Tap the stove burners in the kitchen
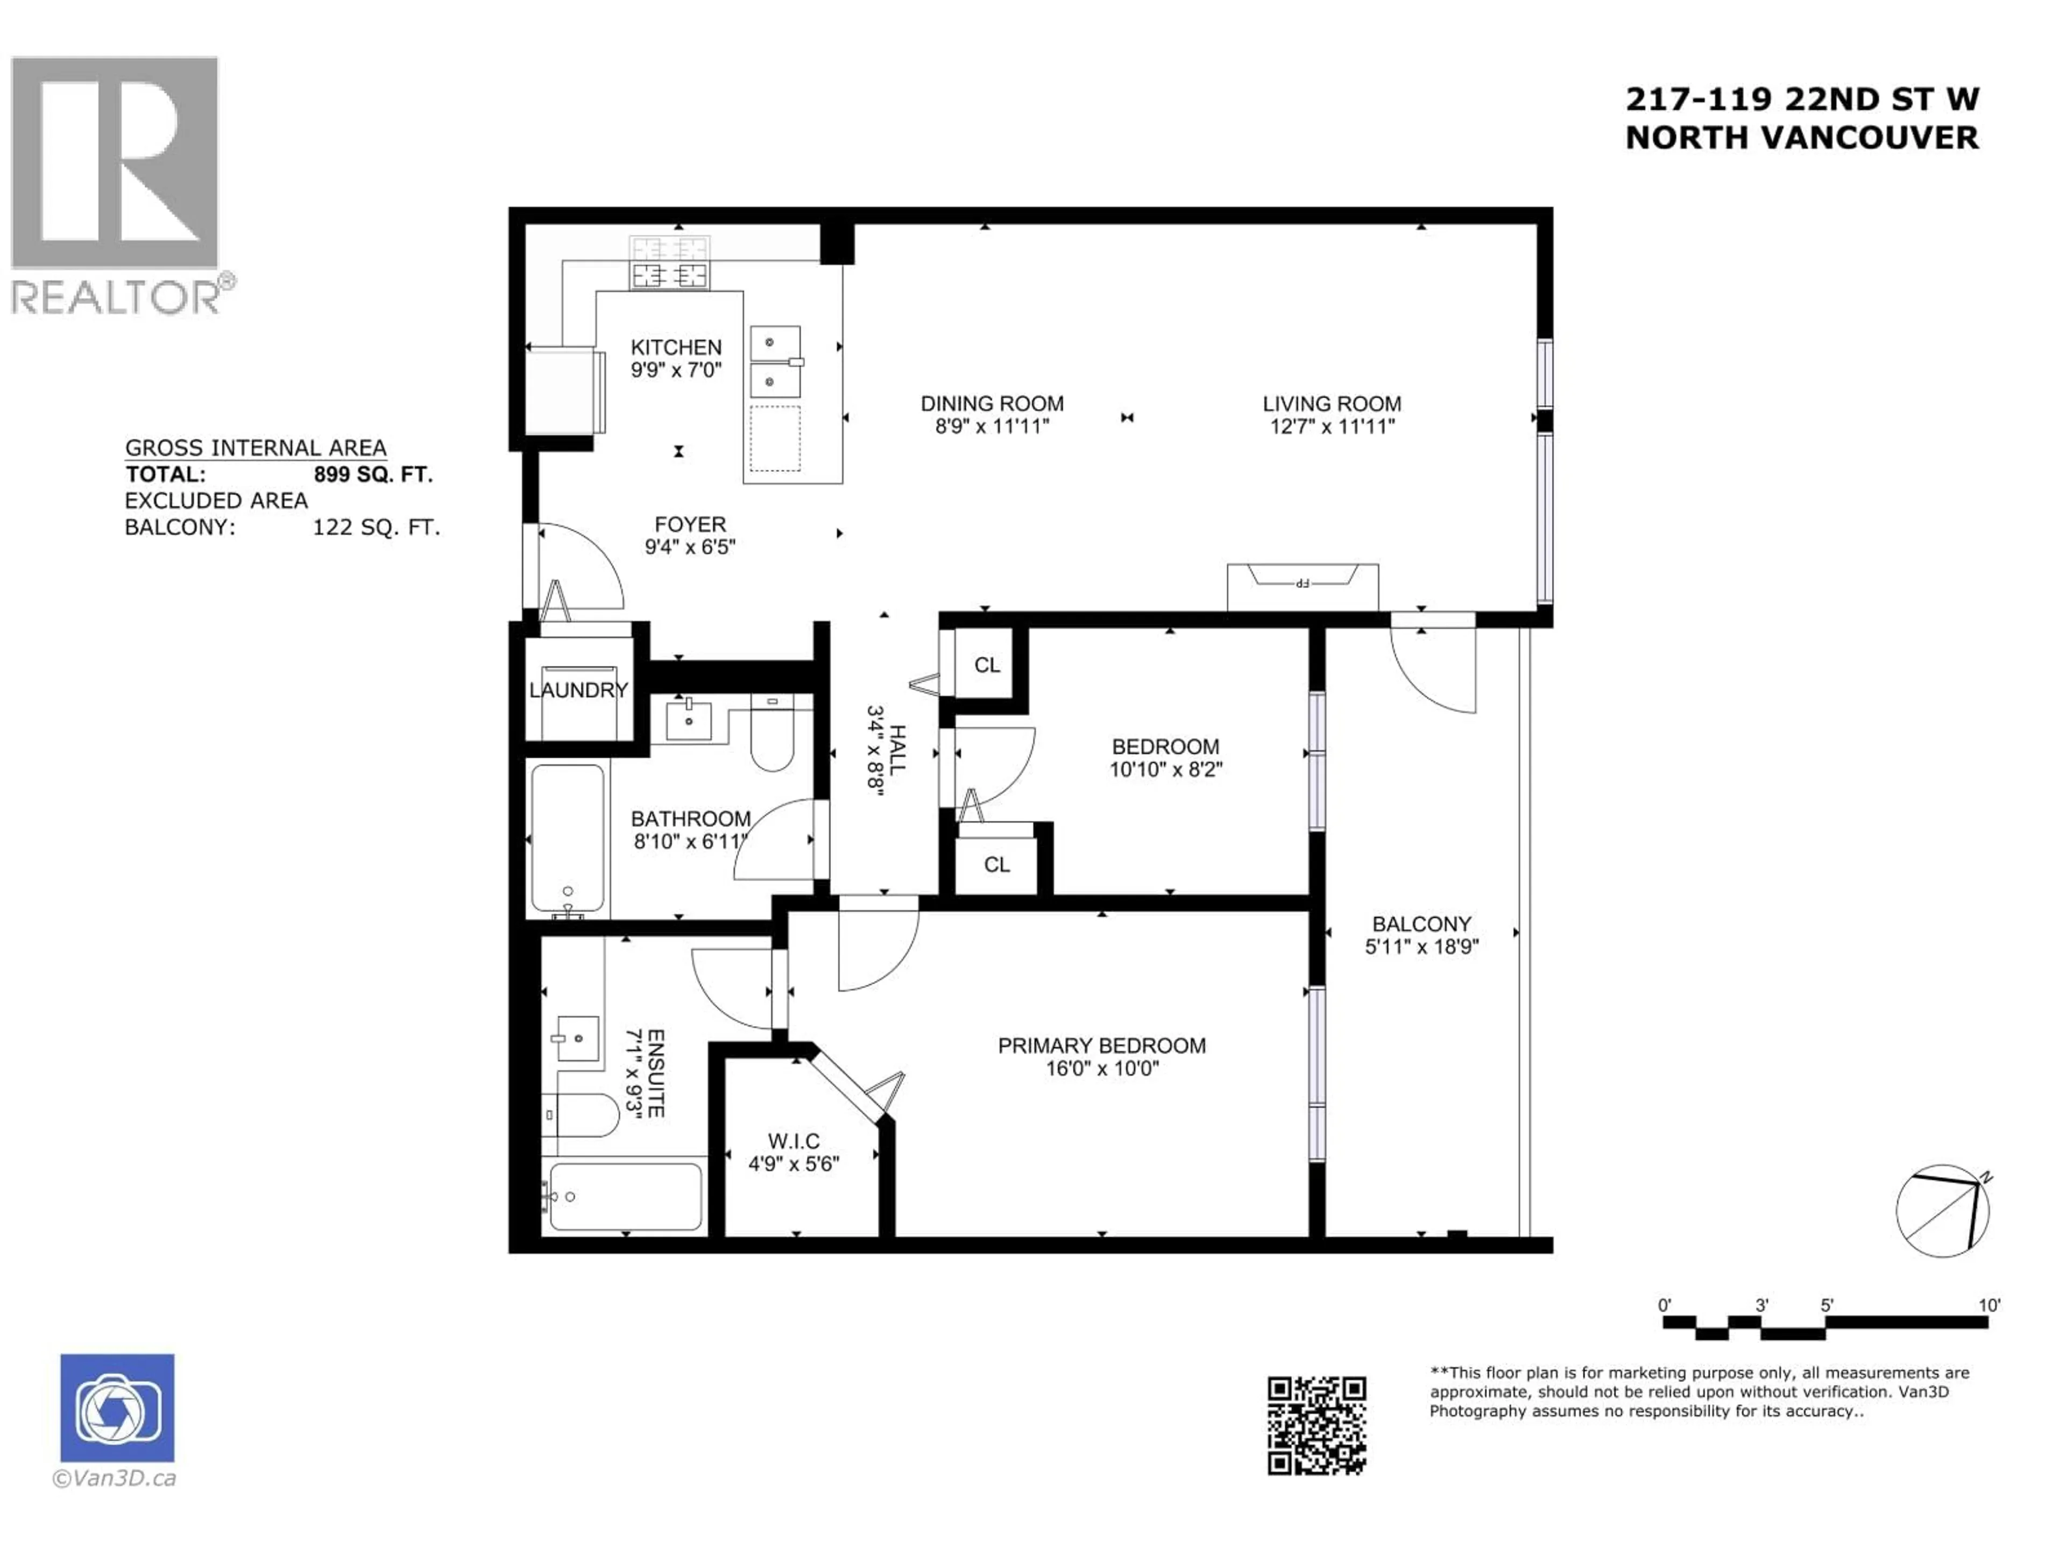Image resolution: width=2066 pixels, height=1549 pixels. tap(670, 274)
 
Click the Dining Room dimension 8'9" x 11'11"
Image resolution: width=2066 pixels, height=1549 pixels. tap(992, 427)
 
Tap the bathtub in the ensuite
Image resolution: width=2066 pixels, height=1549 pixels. tap(625, 1196)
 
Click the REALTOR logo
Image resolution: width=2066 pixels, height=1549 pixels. tap(116, 185)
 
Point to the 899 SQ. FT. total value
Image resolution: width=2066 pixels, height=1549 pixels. tap(373, 474)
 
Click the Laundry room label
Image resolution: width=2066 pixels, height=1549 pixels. tap(578, 690)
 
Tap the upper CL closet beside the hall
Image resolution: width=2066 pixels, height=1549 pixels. tap(986, 665)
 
